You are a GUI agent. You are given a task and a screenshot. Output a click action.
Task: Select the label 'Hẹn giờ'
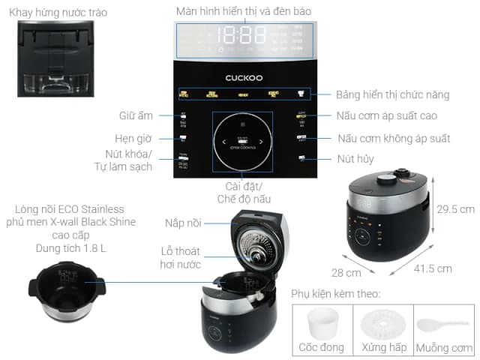136,139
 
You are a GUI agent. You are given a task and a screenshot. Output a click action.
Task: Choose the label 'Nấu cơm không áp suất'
394,139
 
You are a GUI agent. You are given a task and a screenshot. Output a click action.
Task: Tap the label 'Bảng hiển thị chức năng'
393,94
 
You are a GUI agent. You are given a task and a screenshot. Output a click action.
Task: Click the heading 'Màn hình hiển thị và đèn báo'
243,10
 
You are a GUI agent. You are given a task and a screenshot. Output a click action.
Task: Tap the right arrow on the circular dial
260,140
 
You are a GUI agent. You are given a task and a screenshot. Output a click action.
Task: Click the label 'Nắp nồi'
182,223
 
